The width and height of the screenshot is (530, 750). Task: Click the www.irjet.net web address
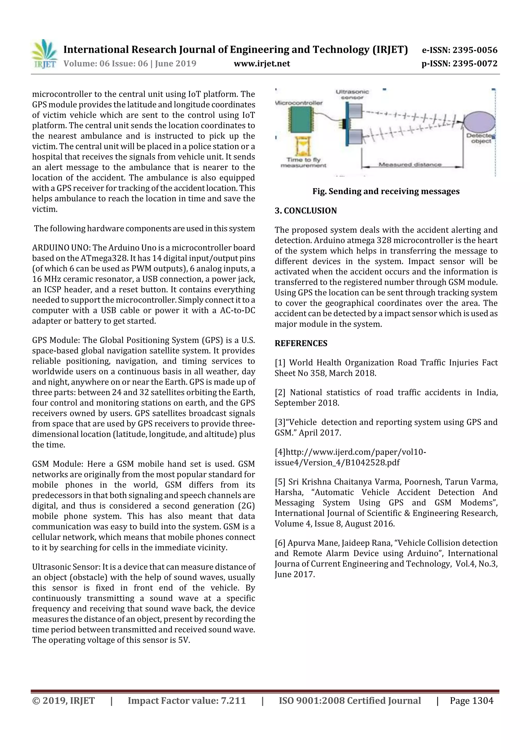pyautogui.click(x=262, y=63)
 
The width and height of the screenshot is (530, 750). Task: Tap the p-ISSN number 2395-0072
pyautogui.click(x=475, y=63)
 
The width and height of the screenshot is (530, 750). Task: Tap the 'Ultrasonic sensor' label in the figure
pyautogui.click(x=352, y=94)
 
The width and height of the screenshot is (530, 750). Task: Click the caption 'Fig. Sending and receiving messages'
pyautogui.click(x=386, y=191)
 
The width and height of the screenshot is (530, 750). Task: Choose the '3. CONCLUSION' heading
pyautogui.click(x=306, y=211)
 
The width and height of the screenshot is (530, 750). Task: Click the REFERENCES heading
pyautogui.click(x=301, y=343)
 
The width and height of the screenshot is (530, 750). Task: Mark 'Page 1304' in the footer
pyautogui.click(x=471, y=701)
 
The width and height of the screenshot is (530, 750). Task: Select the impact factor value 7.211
pyautogui.click(x=233, y=701)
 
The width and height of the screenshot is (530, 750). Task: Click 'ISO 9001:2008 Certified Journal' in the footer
pyautogui.click(x=349, y=701)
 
